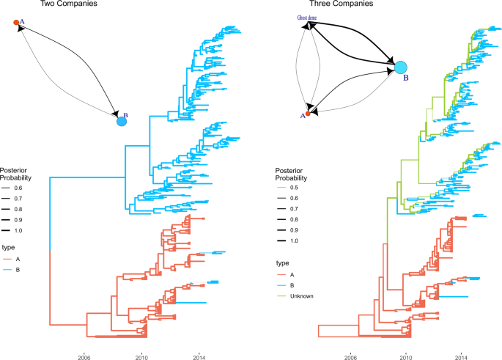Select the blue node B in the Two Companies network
click(122, 121)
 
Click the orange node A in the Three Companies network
click(309, 114)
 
